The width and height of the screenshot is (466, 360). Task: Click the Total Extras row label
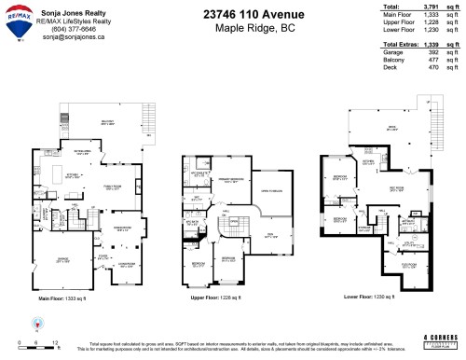click(x=401, y=44)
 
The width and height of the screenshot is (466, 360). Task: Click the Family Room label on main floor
click(x=113, y=187)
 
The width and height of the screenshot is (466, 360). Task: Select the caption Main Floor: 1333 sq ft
click(x=63, y=298)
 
